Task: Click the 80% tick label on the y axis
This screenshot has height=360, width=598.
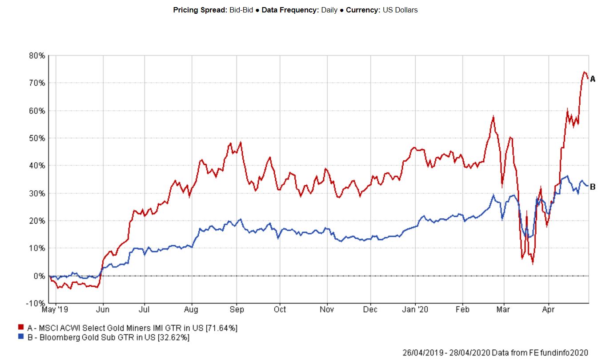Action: [37, 56]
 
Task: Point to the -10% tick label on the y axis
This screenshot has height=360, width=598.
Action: [36, 303]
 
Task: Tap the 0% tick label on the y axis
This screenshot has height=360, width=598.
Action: [39, 276]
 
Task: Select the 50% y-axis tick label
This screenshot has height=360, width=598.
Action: [37, 138]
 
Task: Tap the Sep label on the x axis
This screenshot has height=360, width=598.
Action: [237, 308]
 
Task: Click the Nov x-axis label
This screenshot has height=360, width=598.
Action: [327, 308]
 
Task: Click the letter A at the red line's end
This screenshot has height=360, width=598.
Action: [592, 79]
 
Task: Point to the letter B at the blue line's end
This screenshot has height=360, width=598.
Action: [592, 187]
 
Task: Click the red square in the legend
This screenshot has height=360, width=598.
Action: [21, 328]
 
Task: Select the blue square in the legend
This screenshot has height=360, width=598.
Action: [21, 337]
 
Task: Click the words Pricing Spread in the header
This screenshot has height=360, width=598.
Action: [198, 10]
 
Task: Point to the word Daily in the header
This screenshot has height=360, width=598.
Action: [329, 10]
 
